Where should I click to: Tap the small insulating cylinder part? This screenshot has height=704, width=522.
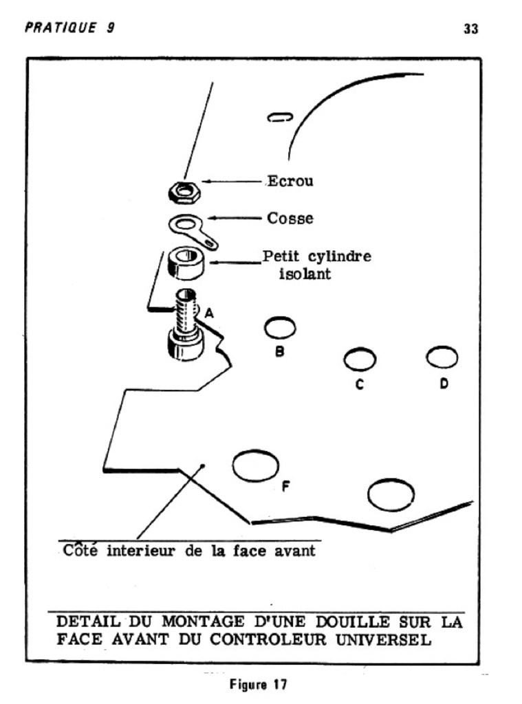pyautogui.click(x=186, y=263)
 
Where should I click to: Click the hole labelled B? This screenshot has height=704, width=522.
pyautogui.click(x=281, y=328)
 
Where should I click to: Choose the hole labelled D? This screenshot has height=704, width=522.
pyautogui.click(x=442, y=357)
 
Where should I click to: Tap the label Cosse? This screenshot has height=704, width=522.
pyautogui.click(x=290, y=219)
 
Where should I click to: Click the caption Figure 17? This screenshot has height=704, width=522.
pyautogui.click(x=258, y=685)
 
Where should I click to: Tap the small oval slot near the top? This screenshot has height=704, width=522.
pyautogui.click(x=281, y=118)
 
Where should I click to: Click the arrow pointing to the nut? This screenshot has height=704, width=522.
pyautogui.click(x=234, y=182)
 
